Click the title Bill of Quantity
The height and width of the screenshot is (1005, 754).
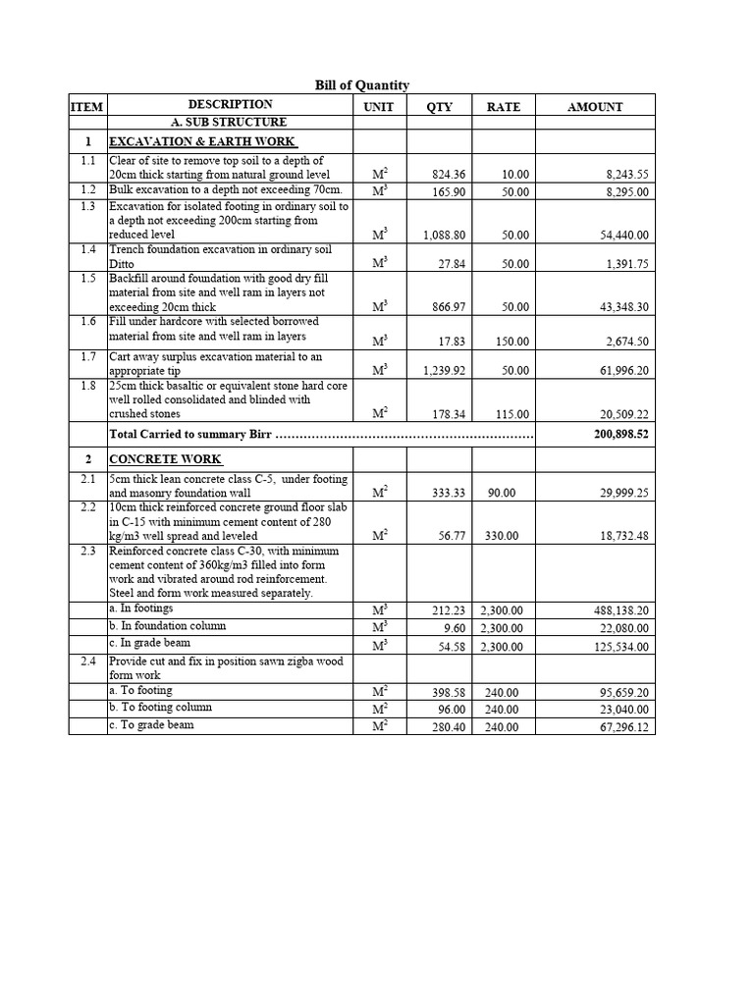[x=362, y=85]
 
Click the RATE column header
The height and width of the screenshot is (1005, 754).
[x=504, y=107]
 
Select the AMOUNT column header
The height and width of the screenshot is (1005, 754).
[x=595, y=107]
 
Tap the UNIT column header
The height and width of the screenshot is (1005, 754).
[x=378, y=107]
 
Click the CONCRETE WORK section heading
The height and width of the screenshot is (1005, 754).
[x=165, y=459]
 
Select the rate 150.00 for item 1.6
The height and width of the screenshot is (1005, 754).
[x=512, y=342]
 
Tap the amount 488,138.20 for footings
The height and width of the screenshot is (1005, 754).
[x=616, y=610]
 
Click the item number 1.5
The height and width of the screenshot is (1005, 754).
[x=87, y=279]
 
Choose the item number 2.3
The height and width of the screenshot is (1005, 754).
[x=87, y=552]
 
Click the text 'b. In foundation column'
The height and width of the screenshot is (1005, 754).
[x=168, y=626]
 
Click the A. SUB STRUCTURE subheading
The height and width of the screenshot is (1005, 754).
[x=229, y=123]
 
